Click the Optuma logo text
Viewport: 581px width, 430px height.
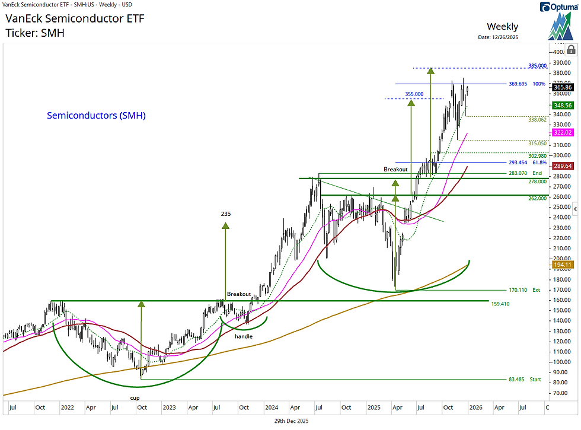coord(560,7)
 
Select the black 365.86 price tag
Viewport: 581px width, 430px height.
coord(561,87)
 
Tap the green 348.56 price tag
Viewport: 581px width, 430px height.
coord(561,105)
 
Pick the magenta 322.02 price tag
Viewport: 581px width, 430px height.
coord(561,132)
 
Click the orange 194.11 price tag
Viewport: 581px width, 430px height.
coord(561,265)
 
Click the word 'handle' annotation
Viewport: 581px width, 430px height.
coord(243,336)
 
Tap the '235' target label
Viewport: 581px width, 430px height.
coord(225,214)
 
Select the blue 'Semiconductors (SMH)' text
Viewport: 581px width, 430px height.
coord(96,116)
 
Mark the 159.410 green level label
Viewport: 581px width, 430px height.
coord(500,304)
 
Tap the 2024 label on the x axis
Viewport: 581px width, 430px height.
coord(272,408)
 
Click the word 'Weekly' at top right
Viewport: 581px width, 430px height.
coord(502,26)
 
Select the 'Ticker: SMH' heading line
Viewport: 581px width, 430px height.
coord(35,33)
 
